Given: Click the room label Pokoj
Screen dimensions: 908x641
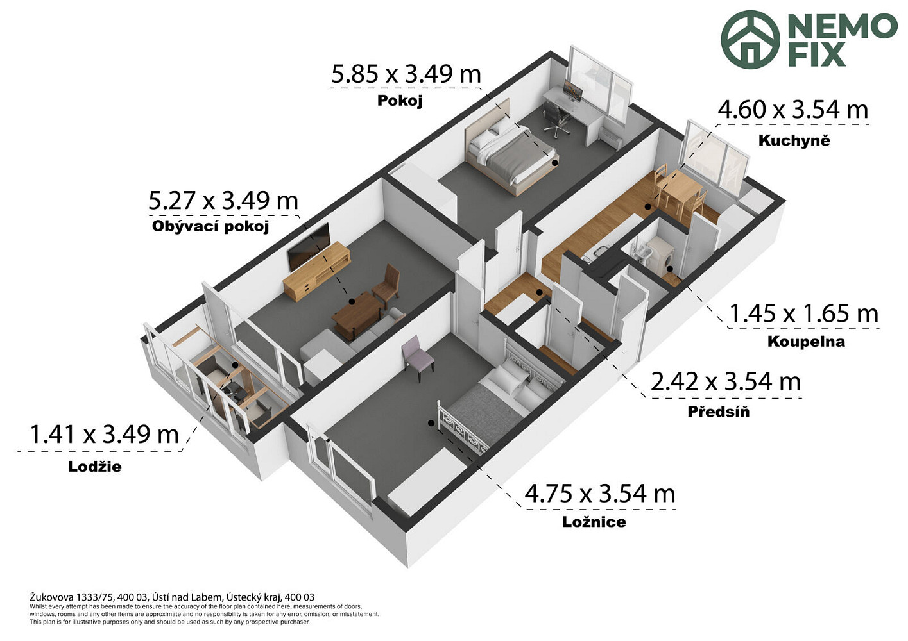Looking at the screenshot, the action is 400,101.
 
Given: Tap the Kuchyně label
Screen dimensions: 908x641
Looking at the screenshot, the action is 794,140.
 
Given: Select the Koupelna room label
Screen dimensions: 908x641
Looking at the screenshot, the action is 806,342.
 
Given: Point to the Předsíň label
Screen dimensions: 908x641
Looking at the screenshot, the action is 718,412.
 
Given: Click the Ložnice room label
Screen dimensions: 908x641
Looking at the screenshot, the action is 594,522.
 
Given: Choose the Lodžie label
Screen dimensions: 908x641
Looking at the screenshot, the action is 94,467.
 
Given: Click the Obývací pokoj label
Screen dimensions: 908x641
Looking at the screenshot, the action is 210,226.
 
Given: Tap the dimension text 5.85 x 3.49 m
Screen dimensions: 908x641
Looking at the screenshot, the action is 406,74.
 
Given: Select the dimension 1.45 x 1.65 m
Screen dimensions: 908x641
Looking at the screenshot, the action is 804,314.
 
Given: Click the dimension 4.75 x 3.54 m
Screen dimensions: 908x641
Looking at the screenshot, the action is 600,494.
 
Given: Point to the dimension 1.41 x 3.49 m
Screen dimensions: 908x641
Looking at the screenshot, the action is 104,435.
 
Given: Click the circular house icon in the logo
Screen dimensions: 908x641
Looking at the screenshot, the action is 750,40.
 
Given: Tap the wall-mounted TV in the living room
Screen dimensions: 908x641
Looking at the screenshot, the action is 308,247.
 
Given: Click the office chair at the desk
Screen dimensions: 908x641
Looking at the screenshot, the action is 556,118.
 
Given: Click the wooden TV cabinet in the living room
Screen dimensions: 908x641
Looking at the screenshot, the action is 316,271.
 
